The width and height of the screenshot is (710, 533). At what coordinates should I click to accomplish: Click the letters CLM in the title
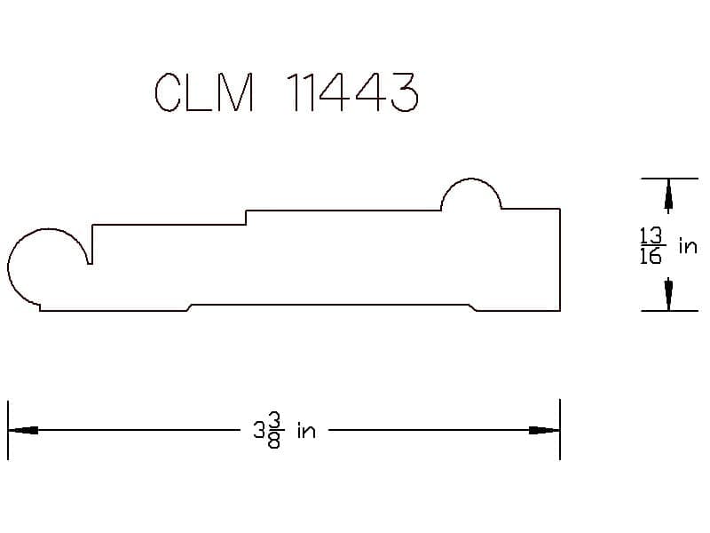click(204, 92)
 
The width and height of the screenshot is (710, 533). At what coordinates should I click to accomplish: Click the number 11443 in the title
click(352, 92)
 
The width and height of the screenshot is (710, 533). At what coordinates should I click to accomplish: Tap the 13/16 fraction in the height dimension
click(651, 246)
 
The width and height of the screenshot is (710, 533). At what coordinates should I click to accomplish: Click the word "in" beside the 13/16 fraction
click(688, 246)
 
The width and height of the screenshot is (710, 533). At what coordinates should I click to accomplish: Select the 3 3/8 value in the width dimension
click(269, 430)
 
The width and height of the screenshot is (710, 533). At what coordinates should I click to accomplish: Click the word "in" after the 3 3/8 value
click(306, 431)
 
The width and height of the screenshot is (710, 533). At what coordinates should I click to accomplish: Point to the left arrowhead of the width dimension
click(23, 430)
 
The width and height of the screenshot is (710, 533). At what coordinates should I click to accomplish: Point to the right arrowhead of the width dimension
click(545, 430)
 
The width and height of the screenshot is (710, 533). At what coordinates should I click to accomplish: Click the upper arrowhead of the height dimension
click(668, 195)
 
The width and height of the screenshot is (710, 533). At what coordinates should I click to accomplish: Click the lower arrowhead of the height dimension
click(668, 294)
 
